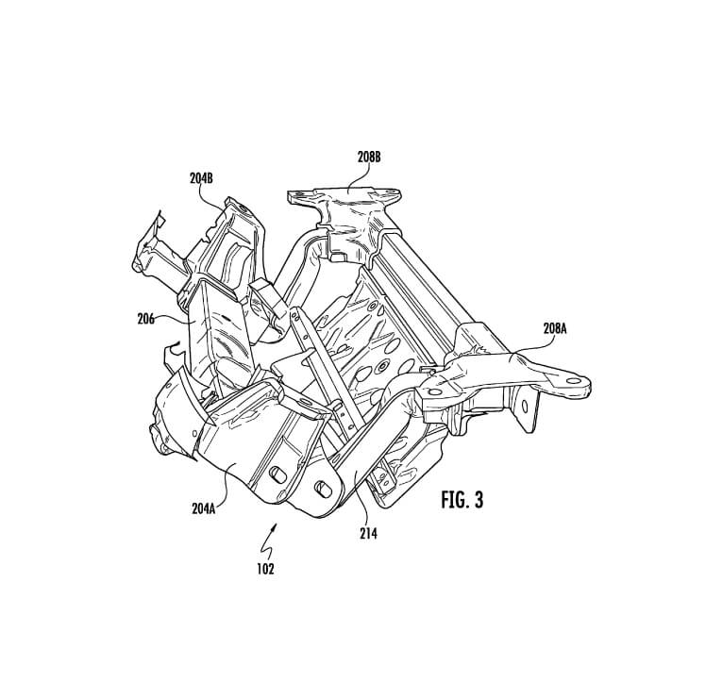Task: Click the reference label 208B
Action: tap(369, 158)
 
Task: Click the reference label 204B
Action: tap(201, 178)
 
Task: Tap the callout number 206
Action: tap(146, 319)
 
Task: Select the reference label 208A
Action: tap(555, 328)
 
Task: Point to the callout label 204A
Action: tap(204, 508)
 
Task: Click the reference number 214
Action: tap(368, 534)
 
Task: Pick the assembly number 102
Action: tap(266, 569)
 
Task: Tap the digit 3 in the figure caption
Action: tap(479, 500)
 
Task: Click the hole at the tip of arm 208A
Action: tap(573, 381)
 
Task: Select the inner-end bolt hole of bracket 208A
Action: tap(434, 392)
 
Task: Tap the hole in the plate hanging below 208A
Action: tap(525, 406)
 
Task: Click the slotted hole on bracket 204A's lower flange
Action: tap(277, 474)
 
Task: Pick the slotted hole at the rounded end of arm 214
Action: tap(323, 490)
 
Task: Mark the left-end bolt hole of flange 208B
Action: tap(296, 194)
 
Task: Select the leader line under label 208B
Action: tap(359, 177)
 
